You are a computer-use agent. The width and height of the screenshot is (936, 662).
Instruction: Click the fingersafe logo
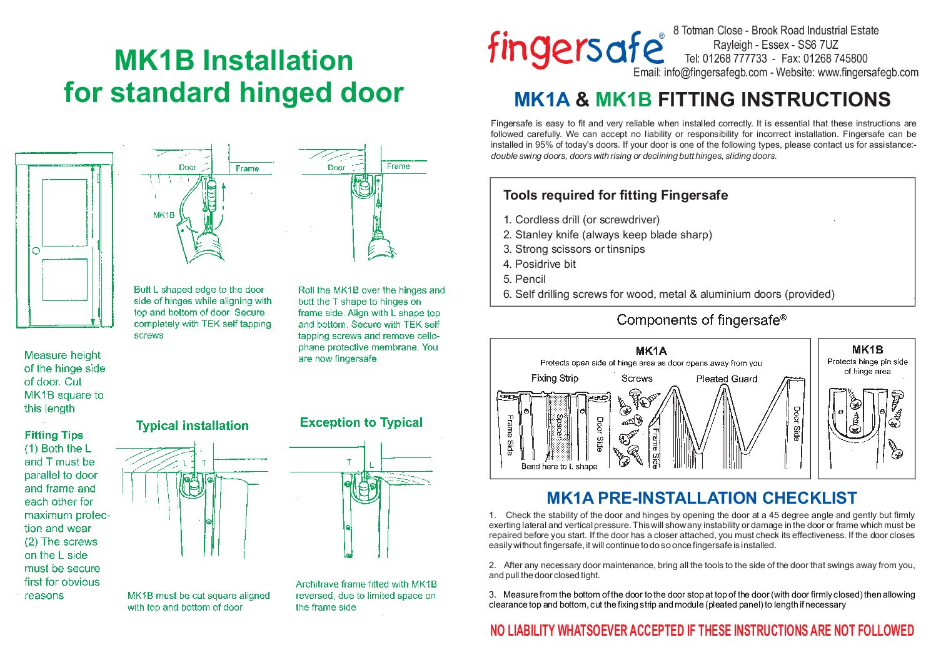click(x=575, y=49)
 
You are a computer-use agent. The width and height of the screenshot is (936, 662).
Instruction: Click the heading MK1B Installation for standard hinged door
click(x=233, y=76)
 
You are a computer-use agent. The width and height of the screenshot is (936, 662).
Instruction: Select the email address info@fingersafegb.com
click(x=715, y=73)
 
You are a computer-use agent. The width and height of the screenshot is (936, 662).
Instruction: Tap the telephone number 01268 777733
click(x=735, y=59)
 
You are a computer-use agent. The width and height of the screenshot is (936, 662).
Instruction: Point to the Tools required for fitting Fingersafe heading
click(x=615, y=195)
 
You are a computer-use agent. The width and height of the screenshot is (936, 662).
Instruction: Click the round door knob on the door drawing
click(x=36, y=250)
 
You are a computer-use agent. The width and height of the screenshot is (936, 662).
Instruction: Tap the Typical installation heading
click(x=192, y=425)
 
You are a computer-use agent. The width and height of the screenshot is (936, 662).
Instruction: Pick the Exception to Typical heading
click(x=361, y=422)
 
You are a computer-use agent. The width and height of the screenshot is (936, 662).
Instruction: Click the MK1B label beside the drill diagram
click(x=164, y=215)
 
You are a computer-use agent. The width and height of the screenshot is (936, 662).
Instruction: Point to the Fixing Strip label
click(x=555, y=378)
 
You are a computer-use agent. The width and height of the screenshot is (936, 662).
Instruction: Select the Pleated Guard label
click(x=727, y=379)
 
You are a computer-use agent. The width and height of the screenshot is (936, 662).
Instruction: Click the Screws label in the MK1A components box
click(x=637, y=378)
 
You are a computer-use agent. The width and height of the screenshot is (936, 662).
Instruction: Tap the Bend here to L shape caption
click(x=559, y=466)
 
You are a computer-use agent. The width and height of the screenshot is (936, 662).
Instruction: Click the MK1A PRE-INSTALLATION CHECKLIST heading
click(x=702, y=498)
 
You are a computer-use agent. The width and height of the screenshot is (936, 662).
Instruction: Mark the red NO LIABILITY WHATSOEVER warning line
click(x=702, y=631)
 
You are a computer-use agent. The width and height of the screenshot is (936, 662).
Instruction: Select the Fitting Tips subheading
click(x=54, y=435)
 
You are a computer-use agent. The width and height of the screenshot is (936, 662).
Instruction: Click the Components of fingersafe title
click(x=701, y=320)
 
